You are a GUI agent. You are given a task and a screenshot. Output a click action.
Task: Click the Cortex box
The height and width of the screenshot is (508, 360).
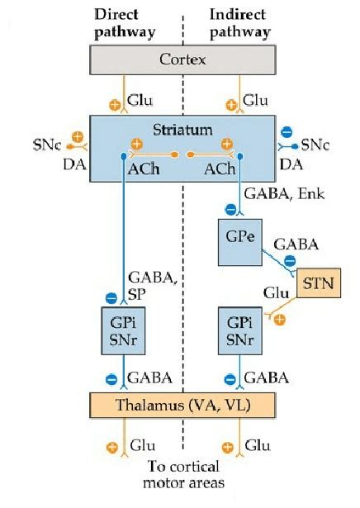183,60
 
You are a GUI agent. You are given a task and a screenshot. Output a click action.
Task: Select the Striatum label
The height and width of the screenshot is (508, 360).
182,131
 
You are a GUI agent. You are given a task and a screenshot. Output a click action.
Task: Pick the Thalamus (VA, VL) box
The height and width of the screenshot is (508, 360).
182,405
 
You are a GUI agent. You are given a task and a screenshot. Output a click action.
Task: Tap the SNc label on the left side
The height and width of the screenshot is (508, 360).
52,145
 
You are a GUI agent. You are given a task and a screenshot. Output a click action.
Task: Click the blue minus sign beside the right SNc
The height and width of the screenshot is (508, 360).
287,131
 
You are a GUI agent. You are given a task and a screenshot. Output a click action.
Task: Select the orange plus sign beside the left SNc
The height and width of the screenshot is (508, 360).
77,136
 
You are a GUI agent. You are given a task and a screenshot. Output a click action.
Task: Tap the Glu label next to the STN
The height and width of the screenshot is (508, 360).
275,293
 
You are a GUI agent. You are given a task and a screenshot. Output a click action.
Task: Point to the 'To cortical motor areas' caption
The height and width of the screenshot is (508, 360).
183,473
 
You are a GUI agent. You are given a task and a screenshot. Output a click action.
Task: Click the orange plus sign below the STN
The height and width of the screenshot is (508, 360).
281,320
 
